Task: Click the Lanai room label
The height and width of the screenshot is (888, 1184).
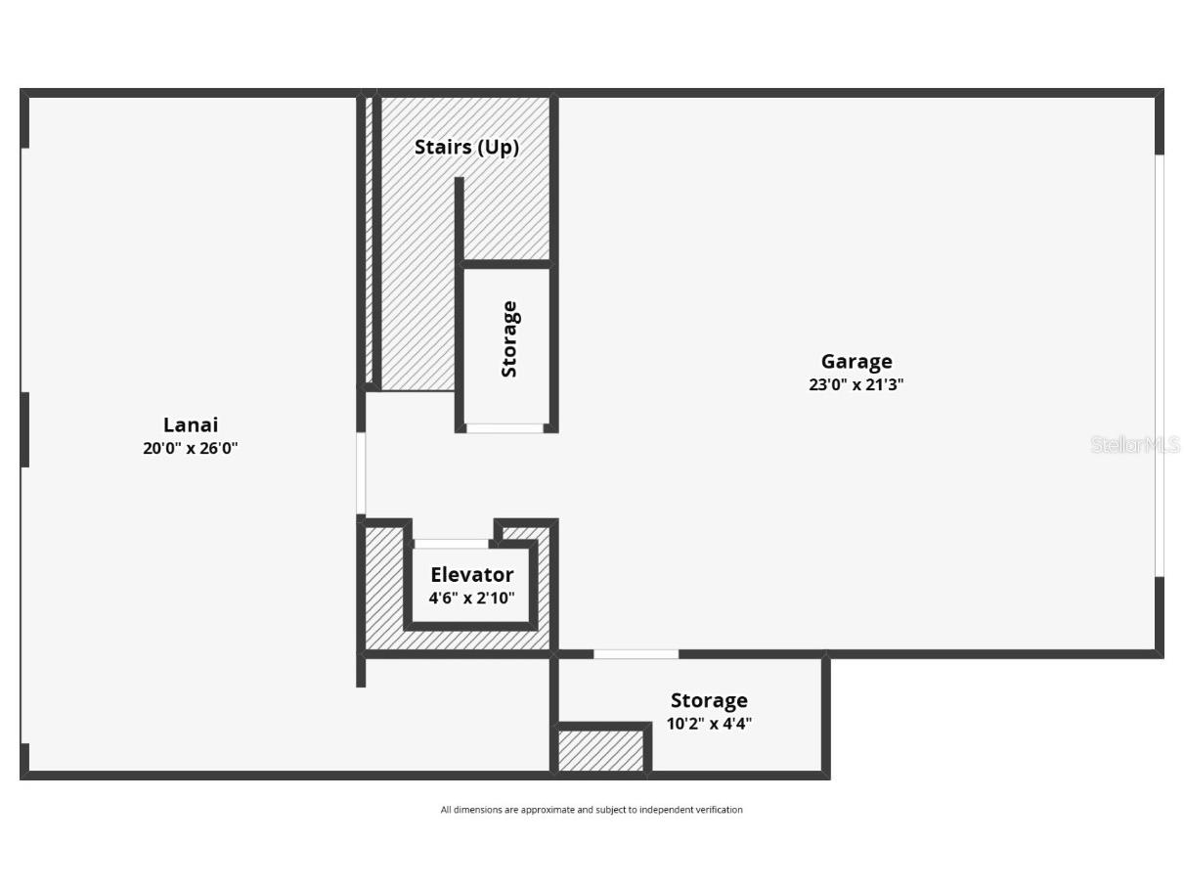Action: [x=190, y=424]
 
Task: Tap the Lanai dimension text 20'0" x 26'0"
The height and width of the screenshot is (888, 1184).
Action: [x=190, y=449]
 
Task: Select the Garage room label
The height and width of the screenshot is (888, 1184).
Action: [x=855, y=362]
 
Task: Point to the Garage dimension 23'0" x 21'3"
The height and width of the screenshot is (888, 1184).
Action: [x=855, y=384]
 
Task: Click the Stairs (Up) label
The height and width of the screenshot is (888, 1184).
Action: [x=466, y=147]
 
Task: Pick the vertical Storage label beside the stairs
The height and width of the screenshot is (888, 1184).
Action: [x=508, y=339]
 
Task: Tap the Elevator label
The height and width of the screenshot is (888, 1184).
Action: [x=471, y=575]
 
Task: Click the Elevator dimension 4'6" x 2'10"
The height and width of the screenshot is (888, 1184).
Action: [x=471, y=598]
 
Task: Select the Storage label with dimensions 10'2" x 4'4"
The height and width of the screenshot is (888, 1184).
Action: [x=709, y=700]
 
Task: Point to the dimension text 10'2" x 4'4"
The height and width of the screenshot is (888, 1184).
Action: [x=709, y=724]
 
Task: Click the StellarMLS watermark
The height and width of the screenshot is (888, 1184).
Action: [x=1134, y=445]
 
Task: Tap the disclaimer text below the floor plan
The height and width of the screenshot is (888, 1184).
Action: [x=592, y=810]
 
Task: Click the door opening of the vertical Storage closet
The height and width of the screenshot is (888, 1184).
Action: [x=504, y=428]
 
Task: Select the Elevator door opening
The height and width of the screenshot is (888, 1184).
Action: [x=452, y=544]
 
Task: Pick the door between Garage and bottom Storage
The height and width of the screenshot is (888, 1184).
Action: [x=636, y=653]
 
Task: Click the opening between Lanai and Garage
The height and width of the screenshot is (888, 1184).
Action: [x=361, y=473]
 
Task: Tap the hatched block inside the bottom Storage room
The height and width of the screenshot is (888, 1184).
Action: [x=600, y=751]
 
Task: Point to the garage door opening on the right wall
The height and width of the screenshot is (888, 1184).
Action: [x=1160, y=365]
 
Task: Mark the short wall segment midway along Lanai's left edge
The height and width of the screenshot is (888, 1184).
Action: [x=24, y=429]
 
